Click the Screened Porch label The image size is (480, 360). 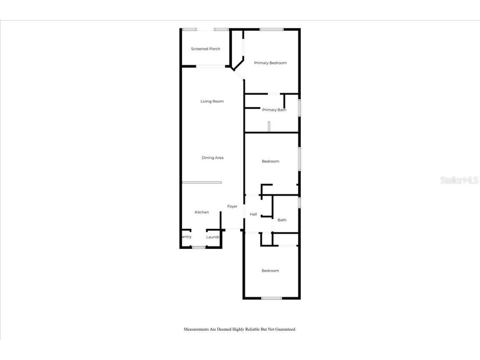pos(205,49)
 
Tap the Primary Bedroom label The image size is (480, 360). pos(270,63)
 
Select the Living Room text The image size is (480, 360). pos(212,101)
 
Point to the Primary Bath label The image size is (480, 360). pos(274,110)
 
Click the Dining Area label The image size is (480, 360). pos(212,158)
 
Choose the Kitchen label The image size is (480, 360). pos(202,212)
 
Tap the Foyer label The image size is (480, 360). pos(232,207)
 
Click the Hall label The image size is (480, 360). pos(253,215)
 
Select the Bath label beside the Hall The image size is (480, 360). pos(282,220)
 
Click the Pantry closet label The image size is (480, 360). pos(186,237)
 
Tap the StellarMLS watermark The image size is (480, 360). pos(459,180)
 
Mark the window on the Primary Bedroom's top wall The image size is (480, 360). pos(272,29)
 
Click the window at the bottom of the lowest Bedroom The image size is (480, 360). pos(272,298)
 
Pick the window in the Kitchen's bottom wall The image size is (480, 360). pos(199,247)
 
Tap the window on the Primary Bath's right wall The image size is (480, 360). pos(299,107)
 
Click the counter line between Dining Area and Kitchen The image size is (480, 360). pos(202,182)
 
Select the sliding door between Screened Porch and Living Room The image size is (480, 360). pos(211,66)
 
